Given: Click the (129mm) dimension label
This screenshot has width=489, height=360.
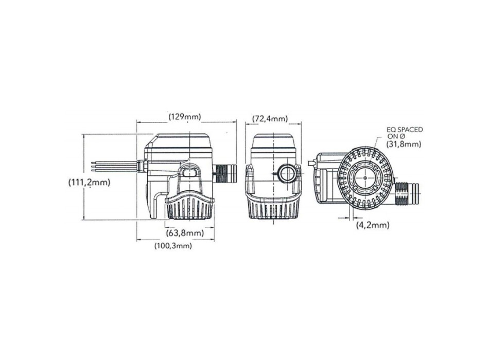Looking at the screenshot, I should tap(185, 117).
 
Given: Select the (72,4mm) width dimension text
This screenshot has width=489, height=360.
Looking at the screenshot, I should tap(270, 119).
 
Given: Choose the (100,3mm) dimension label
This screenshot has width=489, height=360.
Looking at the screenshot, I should tap(173, 246).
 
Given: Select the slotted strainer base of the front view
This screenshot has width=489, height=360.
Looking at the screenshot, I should tap(272, 208).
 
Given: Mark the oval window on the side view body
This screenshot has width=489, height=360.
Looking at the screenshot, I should tap(189, 172).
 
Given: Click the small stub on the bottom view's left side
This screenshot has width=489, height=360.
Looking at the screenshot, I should tap(311, 164).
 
